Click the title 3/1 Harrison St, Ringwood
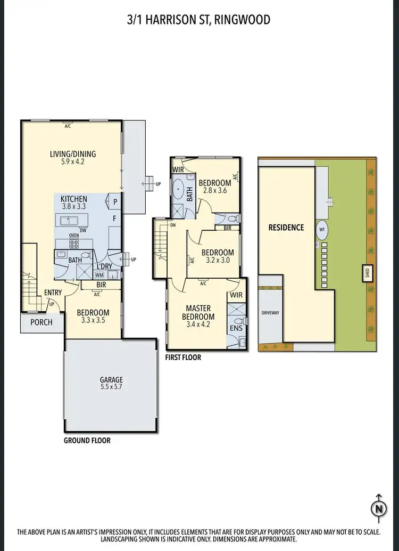click(199, 20)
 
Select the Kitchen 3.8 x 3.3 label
click(73, 201)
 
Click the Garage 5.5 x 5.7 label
click(111, 384)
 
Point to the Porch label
click(41, 322)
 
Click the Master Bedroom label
click(198, 312)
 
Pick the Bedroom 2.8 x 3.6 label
click(214, 187)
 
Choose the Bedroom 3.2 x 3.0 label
click(217, 257)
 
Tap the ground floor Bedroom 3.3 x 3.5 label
click(93, 317)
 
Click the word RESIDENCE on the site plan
click(286, 228)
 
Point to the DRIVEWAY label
click(270, 313)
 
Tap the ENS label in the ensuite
click(236, 328)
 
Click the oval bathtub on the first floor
click(177, 190)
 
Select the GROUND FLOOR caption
click(87, 441)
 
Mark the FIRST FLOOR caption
click(183, 358)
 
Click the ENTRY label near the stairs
click(53, 292)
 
